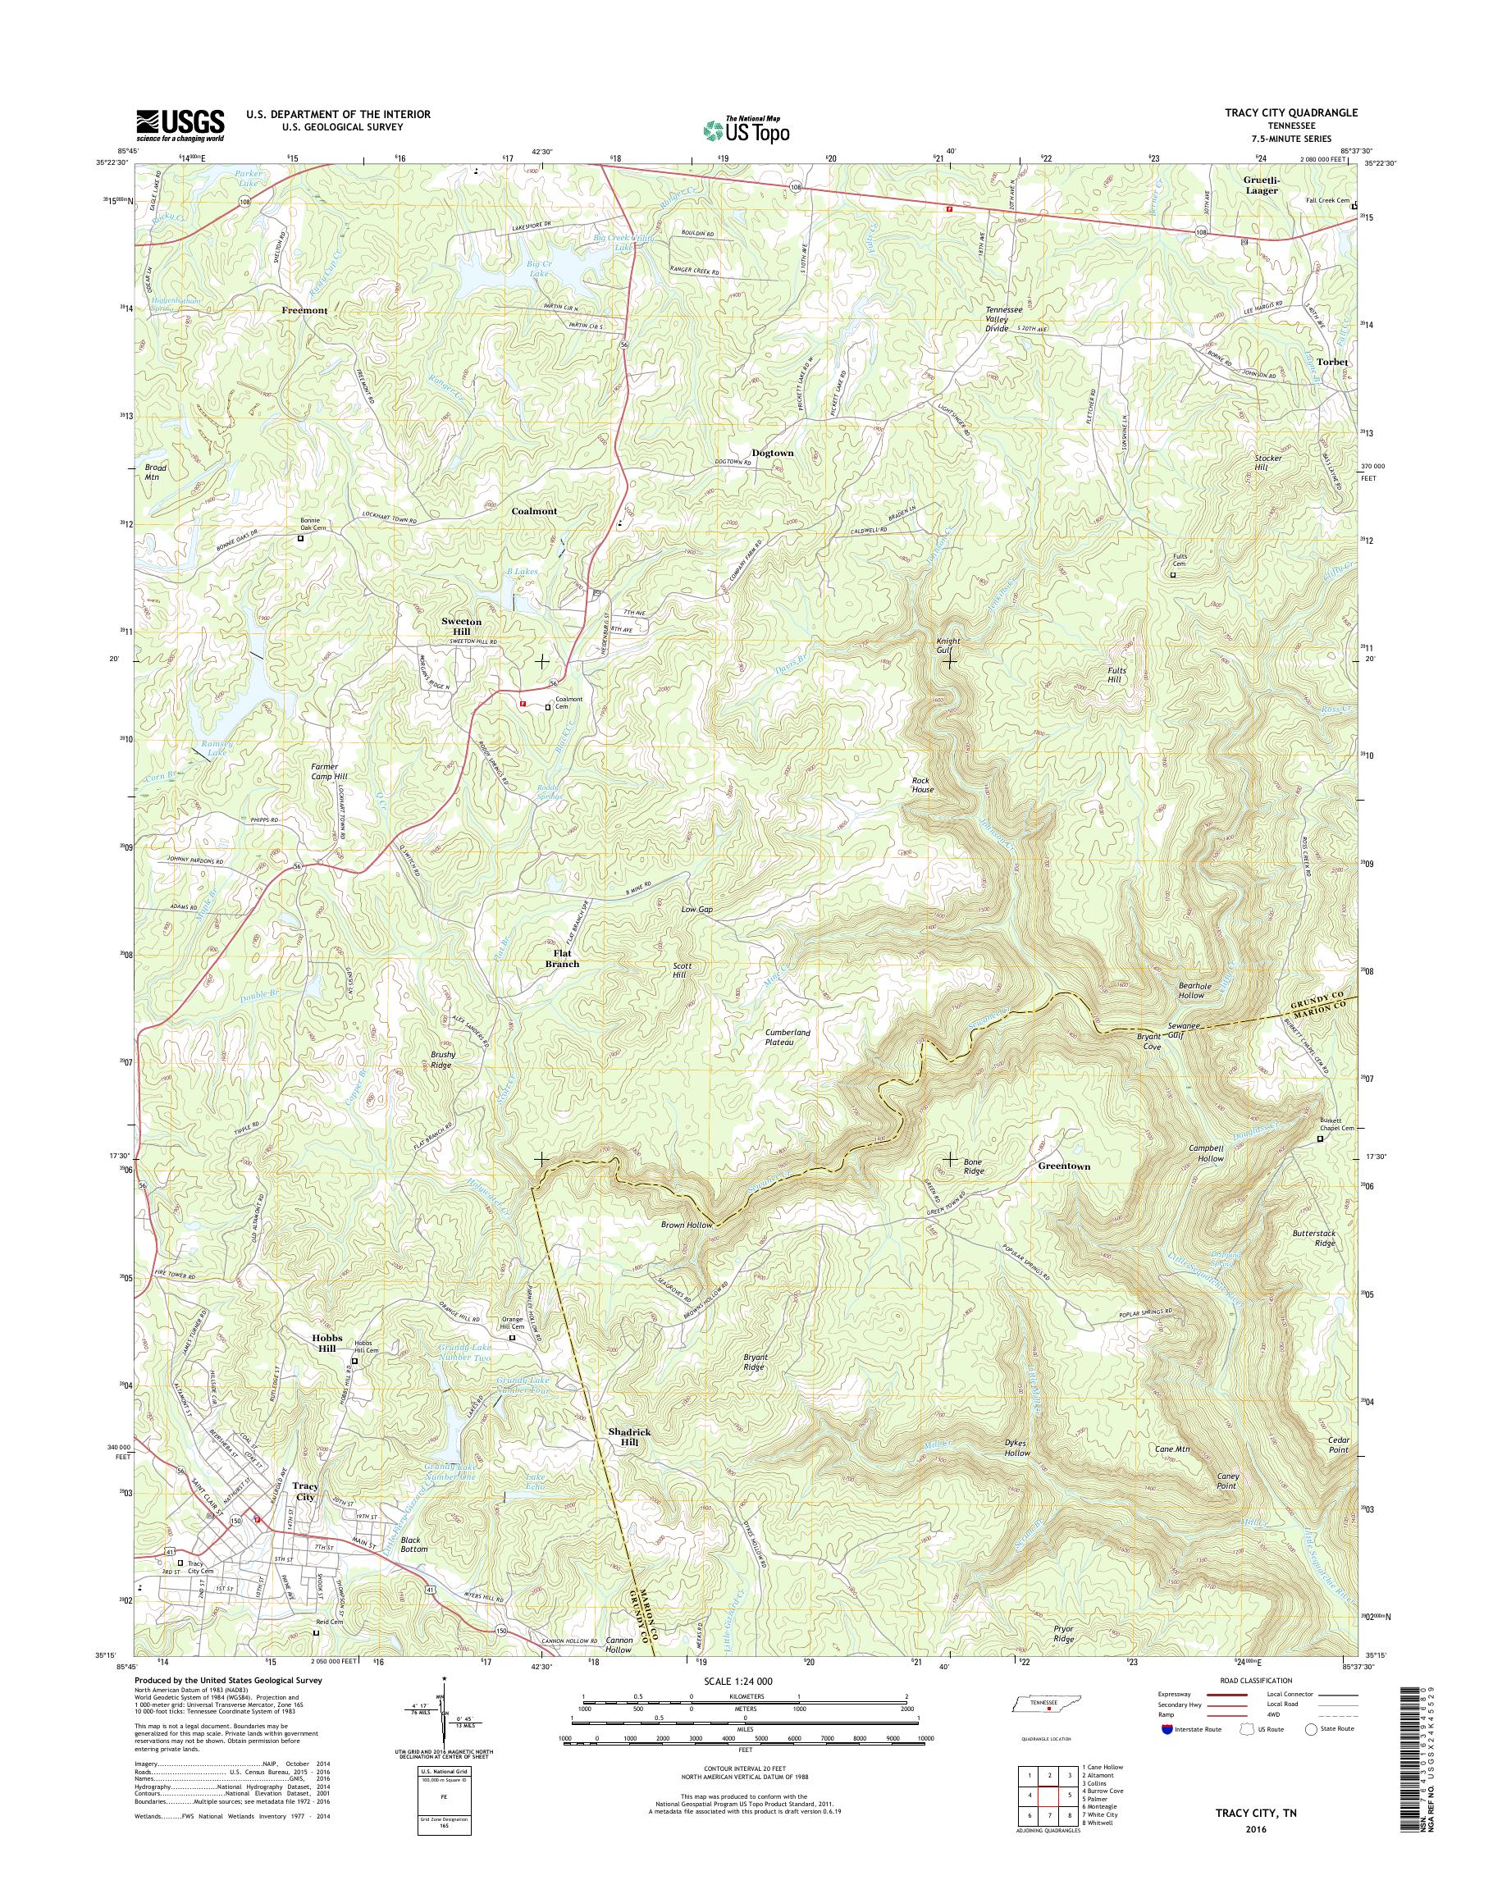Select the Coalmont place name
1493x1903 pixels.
(x=533, y=510)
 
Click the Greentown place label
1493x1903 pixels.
(x=1064, y=1166)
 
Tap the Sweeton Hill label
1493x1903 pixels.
(x=461, y=626)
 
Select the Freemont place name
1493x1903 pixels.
(x=304, y=310)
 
